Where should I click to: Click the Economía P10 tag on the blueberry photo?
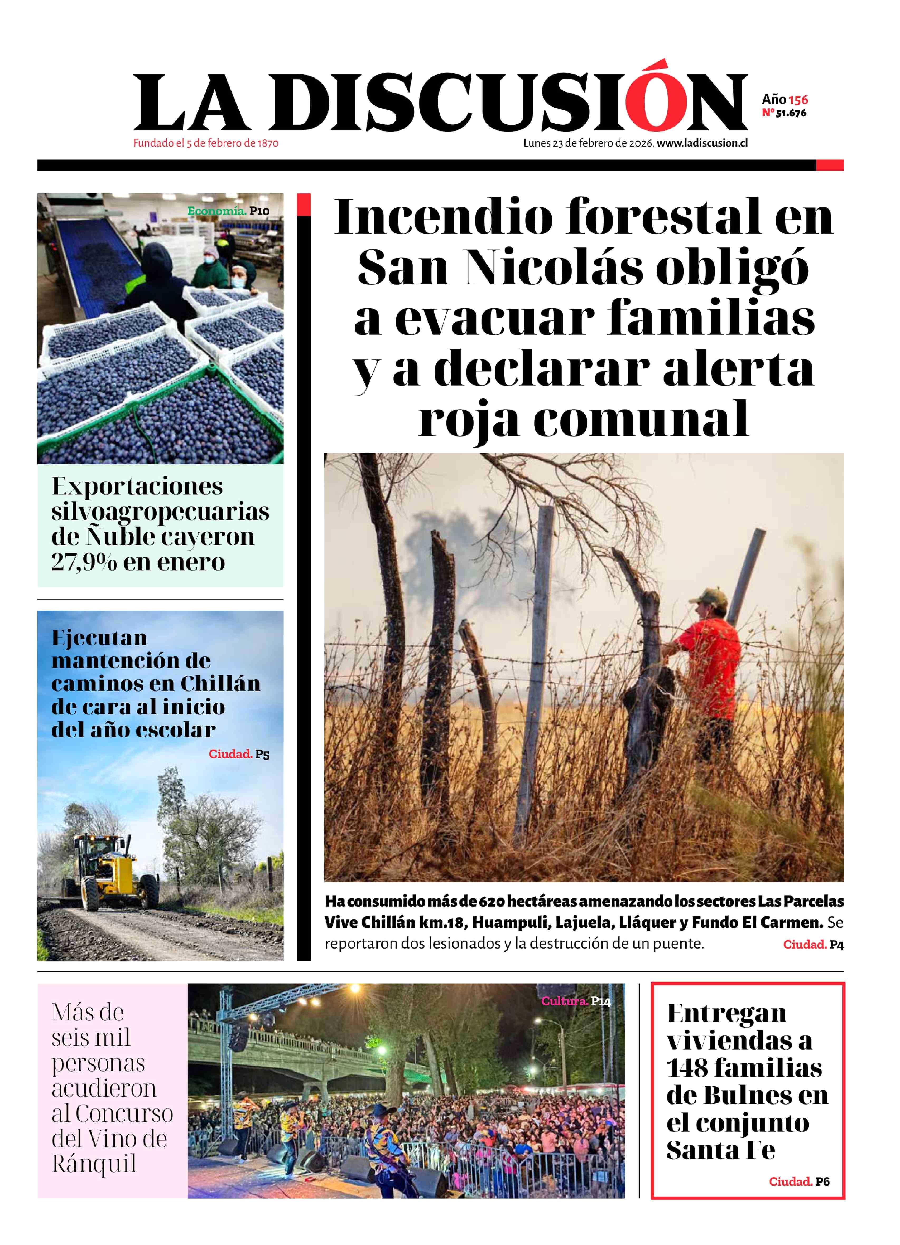(x=228, y=211)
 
